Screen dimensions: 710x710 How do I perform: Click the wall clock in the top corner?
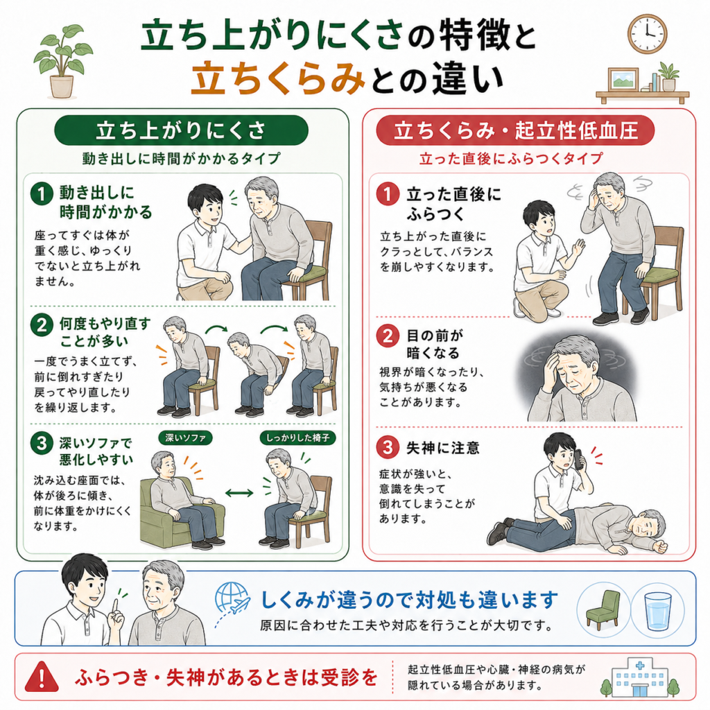647,34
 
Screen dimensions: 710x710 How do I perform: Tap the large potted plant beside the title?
62,62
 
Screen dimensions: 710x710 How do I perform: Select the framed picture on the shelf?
623,80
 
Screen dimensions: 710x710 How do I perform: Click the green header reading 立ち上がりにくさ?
181,130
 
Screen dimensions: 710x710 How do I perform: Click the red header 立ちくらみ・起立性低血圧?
515,130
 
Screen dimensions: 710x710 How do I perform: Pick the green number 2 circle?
42,324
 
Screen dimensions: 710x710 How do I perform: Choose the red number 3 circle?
388,447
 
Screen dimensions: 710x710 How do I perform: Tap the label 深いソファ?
185,438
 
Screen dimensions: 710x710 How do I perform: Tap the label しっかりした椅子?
297,438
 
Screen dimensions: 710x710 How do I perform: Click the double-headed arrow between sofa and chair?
239,493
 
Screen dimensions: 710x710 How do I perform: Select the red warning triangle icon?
42,677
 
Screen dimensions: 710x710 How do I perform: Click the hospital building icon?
640,677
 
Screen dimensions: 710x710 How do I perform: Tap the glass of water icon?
657,611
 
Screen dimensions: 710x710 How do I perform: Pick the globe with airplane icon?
232,598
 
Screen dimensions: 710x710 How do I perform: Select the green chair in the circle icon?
603,609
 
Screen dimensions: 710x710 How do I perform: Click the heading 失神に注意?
442,448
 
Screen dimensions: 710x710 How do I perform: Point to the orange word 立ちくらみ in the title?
278,78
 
